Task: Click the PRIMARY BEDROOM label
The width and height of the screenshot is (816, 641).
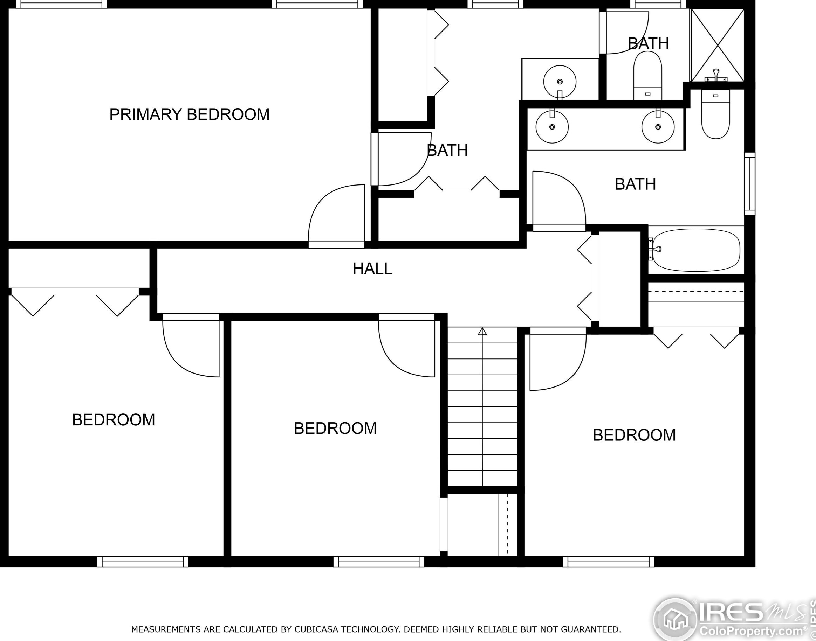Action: (x=189, y=114)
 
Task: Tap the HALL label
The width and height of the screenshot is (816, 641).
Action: (x=372, y=269)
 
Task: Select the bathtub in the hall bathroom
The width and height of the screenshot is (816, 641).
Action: (x=696, y=250)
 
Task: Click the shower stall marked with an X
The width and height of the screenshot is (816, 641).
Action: (x=717, y=45)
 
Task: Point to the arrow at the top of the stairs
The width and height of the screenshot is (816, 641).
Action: (x=482, y=332)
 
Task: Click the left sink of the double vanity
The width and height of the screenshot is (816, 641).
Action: (x=551, y=127)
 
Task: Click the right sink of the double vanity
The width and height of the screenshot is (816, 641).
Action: (x=658, y=127)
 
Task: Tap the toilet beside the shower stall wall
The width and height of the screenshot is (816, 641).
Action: (x=715, y=114)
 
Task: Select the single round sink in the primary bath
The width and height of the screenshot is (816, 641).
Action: (x=560, y=82)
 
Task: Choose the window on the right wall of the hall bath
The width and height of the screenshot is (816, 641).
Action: (x=749, y=184)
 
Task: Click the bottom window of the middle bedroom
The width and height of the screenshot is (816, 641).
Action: (x=378, y=562)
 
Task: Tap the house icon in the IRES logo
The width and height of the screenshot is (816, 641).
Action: (x=675, y=619)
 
